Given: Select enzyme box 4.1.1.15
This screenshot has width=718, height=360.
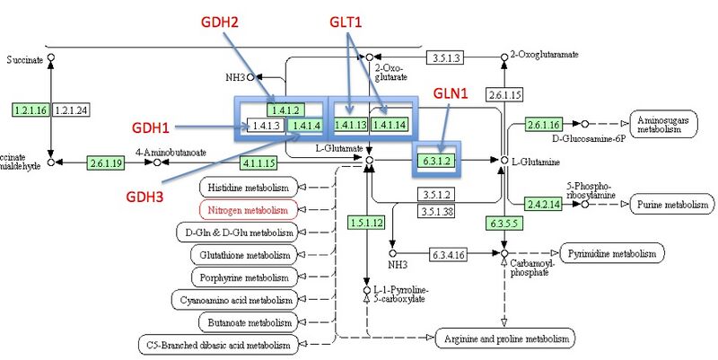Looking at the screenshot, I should coord(258,162).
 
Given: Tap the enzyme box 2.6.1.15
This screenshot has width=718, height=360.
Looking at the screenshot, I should coord(504,93).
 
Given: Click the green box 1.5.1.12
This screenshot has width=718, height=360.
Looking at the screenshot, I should coord(367,222).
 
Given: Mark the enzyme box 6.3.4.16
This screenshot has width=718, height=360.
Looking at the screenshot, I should coord(448,254).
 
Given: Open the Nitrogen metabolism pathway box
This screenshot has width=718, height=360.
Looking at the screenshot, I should coord(248,210).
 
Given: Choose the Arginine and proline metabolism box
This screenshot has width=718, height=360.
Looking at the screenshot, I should coord(505,339).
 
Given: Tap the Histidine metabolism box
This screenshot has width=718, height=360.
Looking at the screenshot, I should coord(248,188).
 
